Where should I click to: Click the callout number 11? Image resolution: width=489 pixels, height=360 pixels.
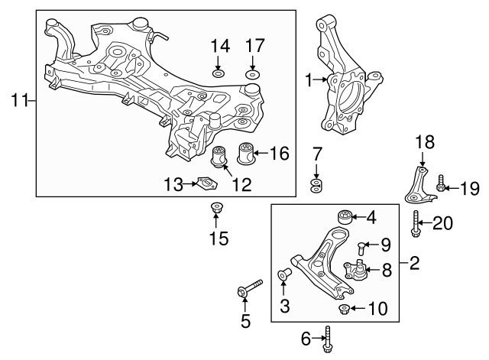point(18,99)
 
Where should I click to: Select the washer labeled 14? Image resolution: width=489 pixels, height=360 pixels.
point(219,74)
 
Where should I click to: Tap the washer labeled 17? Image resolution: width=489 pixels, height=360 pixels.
point(254,74)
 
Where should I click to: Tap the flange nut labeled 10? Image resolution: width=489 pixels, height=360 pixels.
point(345,309)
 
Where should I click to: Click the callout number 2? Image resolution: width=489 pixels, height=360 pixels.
point(414,265)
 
